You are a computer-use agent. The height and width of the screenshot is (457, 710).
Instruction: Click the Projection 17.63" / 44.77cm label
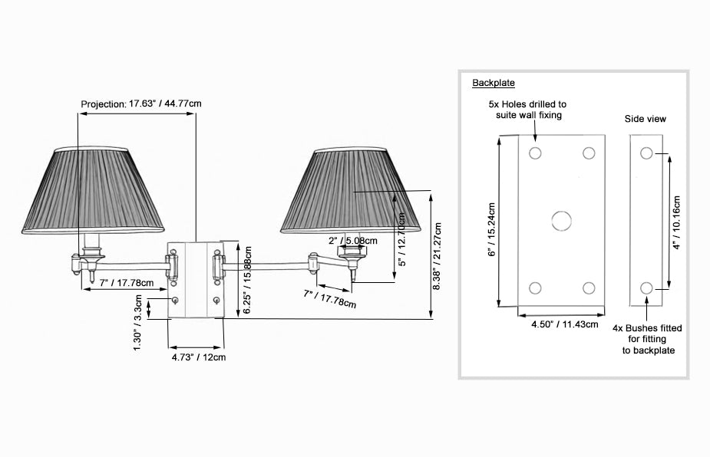pyautogui.click(x=140, y=104)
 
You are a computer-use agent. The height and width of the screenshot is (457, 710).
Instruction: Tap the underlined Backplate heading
pyautogui.click(x=493, y=83)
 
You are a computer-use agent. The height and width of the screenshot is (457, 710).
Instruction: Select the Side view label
pyautogui.click(x=646, y=119)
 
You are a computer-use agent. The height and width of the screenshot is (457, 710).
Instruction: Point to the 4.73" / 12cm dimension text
pyautogui.click(x=198, y=357)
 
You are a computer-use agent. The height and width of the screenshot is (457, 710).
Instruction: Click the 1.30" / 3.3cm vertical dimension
pyautogui.click(x=137, y=323)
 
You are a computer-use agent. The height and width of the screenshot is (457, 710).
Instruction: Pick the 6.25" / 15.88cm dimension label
pyautogui.click(x=247, y=280)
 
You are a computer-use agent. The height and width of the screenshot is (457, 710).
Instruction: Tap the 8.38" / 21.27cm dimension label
pyautogui.click(x=437, y=256)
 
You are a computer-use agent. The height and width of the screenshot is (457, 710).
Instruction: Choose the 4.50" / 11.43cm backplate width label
pyautogui.click(x=565, y=324)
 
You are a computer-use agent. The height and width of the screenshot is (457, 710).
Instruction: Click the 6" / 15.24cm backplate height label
pyautogui.click(x=492, y=229)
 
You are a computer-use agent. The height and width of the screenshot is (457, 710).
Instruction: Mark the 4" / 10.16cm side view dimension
pyautogui.click(x=676, y=222)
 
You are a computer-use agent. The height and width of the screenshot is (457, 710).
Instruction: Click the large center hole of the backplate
pyautogui.click(x=562, y=221)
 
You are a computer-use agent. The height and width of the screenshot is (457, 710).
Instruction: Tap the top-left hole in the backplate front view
pyautogui.click(x=535, y=153)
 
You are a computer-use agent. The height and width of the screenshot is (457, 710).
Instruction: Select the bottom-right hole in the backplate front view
pyautogui.click(x=589, y=288)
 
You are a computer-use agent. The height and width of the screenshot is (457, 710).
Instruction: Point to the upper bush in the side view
pyautogui.click(x=646, y=153)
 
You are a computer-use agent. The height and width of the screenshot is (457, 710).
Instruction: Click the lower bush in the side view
pyautogui.click(x=646, y=288)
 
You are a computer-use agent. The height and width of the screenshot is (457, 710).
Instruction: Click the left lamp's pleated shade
pyautogui.click(x=93, y=190)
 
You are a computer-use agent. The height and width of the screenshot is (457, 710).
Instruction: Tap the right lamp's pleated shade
pyautogui.click(x=351, y=190)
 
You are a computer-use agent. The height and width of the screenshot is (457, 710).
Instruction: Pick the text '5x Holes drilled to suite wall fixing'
pyautogui.click(x=527, y=110)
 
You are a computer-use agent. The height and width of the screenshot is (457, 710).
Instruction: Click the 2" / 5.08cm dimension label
pyautogui.click(x=353, y=241)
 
